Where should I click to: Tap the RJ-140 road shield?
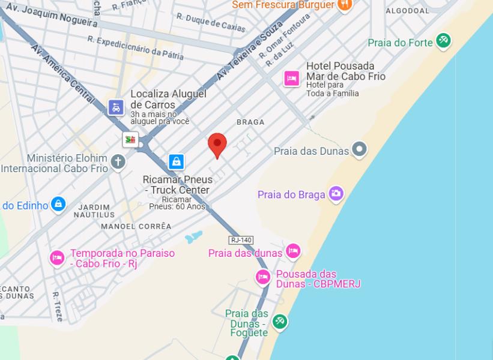pos(241,240)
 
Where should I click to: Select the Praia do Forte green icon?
pos(443,40)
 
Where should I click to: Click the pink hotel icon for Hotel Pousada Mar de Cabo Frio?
pos(292,78)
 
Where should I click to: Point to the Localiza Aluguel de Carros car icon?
pos(116,107)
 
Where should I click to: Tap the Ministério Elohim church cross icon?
pos(118,161)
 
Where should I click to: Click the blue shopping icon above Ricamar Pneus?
pos(176,161)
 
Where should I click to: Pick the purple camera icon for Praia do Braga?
pos(336,193)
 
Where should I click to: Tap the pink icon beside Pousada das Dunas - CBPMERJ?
pos(263,277)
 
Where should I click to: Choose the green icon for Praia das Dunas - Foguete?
pos(279,322)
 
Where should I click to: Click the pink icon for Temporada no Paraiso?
pos(57,257)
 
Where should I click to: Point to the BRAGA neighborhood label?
pos(250,122)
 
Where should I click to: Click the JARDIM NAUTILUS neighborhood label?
pos(94,211)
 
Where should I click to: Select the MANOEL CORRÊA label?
pos(136,226)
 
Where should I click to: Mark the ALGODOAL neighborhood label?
pos(407,11)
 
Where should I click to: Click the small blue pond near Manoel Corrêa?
pos(193,238)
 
